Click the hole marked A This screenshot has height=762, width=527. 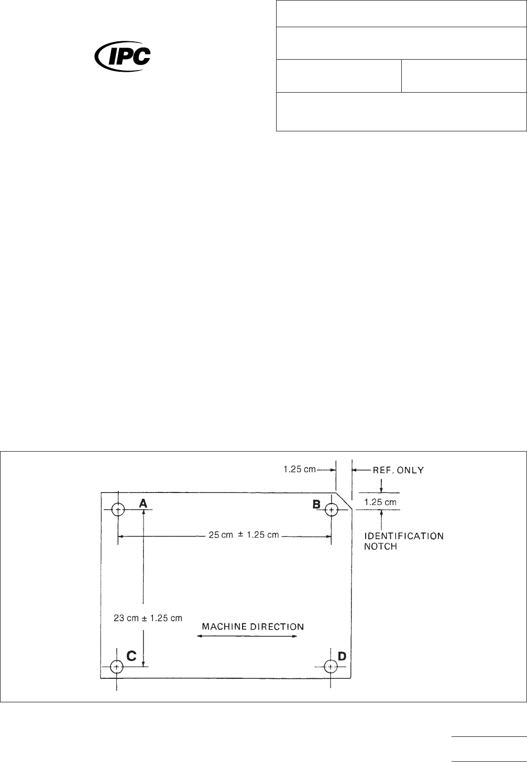tap(118, 509)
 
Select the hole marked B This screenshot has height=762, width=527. tap(331, 509)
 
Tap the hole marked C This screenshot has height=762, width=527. tap(117, 667)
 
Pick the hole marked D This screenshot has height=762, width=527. tap(331, 667)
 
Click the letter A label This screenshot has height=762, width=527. tap(142, 502)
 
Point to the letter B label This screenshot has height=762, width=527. tap(317, 504)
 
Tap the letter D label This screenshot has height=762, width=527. tap(342, 656)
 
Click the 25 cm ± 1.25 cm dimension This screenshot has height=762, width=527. tap(244, 535)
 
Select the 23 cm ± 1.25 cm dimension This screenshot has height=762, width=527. tap(148, 618)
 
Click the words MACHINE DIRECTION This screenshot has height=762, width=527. tap(253, 626)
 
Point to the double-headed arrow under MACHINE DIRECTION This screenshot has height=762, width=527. tap(247, 636)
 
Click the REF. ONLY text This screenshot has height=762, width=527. tap(398, 470)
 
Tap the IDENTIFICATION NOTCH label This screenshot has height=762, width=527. tap(404, 541)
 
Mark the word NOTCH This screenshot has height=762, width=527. tap(381, 546)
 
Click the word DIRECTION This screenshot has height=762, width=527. tap(278, 626)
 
